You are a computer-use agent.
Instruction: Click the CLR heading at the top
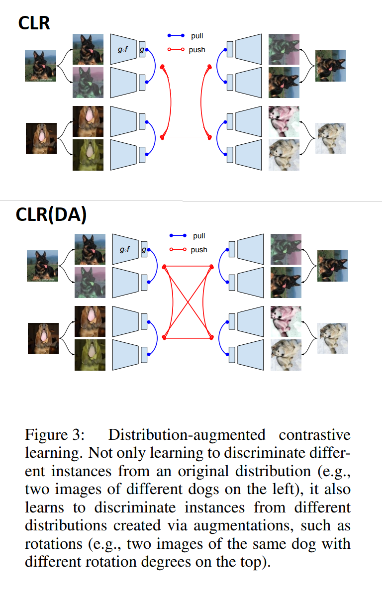(34, 22)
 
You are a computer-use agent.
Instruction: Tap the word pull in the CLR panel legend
(197, 36)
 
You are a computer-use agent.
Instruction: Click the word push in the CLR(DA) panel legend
(199, 250)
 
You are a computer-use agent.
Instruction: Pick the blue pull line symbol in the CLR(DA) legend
(178, 236)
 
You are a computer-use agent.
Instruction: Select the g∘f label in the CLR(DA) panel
(124, 249)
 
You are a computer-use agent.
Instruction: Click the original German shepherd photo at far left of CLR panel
(41, 66)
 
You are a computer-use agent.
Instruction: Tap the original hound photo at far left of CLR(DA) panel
(43, 338)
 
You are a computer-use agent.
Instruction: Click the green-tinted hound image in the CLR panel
(88, 155)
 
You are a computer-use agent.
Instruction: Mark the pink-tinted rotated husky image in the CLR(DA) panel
(286, 319)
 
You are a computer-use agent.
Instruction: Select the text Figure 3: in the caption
(55, 435)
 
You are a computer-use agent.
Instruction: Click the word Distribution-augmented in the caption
(186, 435)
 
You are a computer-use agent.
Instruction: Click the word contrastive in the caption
(314, 435)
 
